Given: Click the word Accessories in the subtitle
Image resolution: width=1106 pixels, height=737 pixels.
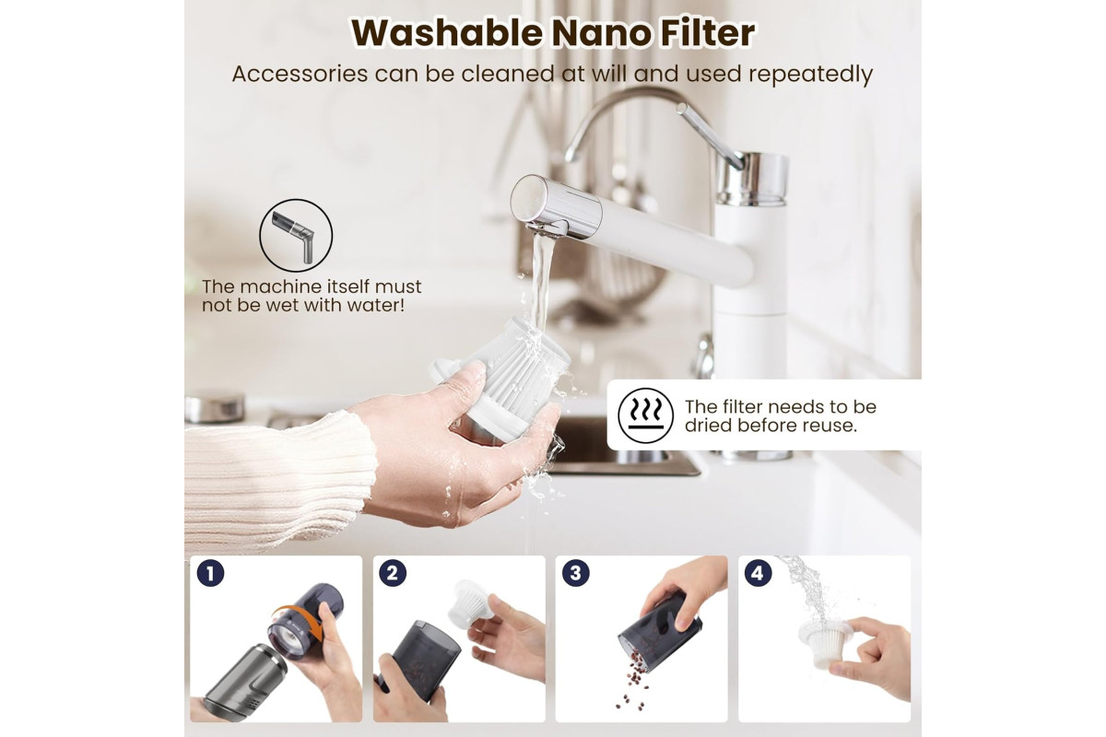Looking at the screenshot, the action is click(300, 74).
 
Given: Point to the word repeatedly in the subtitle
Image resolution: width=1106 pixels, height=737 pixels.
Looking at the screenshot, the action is click(811, 75).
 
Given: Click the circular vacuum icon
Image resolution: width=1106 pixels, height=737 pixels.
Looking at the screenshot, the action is click(296, 236).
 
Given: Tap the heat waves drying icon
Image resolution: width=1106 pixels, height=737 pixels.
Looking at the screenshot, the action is click(645, 415).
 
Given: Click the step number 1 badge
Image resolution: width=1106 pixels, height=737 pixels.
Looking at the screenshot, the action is click(210, 573).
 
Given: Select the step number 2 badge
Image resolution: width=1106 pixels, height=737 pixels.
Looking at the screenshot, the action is click(393, 573).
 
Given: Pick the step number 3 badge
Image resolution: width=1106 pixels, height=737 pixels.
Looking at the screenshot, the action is click(576, 573).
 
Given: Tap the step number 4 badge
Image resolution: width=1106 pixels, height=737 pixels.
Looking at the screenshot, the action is click(758, 573).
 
